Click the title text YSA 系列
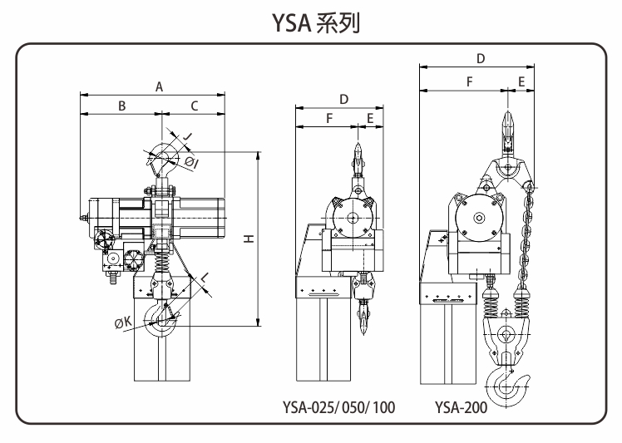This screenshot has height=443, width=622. [x=316, y=23]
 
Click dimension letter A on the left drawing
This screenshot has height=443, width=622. [x=159, y=87]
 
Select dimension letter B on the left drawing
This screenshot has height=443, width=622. [x=122, y=106]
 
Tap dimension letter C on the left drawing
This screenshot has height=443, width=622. [x=194, y=106]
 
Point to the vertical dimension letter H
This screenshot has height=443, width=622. [x=249, y=239]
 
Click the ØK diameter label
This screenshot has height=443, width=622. [x=123, y=322]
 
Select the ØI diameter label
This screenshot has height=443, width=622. [x=191, y=162]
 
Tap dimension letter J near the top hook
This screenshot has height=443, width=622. [x=187, y=136]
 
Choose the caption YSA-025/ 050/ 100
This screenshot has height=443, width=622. [x=338, y=407]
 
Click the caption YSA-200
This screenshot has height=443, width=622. [x=461, y=407]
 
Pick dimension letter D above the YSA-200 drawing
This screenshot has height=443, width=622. [x=481, y=59]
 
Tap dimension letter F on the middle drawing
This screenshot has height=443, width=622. [x=329, y=118]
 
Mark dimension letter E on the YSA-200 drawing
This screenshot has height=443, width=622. [x=521, y=81]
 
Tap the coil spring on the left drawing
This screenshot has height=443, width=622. [x=161, y=260]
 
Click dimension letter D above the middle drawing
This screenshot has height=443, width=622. [x=344, y=99]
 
